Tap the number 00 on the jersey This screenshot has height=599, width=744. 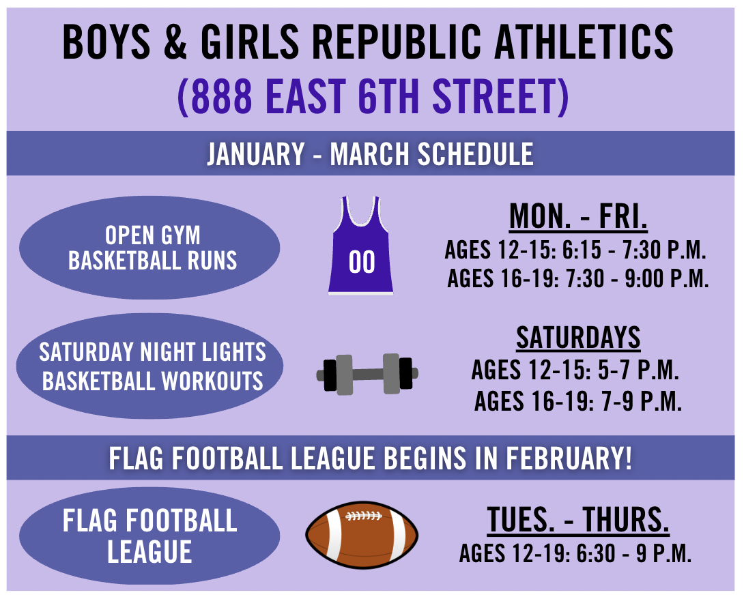(362, 262)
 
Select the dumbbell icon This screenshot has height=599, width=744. (367, 374)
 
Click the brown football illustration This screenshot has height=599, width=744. (362, 535)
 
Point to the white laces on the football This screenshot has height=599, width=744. (363, 516)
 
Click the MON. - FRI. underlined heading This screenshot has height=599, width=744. (578, 217)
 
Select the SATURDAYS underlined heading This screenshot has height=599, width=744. (578, 338)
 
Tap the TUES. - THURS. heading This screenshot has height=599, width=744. (578, 521)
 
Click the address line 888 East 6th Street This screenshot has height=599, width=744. (373, 96)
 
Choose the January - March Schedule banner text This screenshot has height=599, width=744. (370, 154)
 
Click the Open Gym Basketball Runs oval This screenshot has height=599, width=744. (149, 248)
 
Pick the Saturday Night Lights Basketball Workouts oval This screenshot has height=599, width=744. (150, 366)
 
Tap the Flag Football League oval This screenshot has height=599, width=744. (149, 536)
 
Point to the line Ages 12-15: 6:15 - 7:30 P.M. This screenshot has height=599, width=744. (575, 250)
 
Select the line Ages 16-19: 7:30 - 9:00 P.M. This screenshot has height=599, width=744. (578, 278)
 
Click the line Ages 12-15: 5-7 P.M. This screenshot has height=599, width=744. (575, 370)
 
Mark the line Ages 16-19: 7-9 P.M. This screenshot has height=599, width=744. (578, 401)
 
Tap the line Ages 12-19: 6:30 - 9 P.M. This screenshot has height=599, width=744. (575, 553)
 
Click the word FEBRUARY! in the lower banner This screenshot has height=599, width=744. (569, 458)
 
